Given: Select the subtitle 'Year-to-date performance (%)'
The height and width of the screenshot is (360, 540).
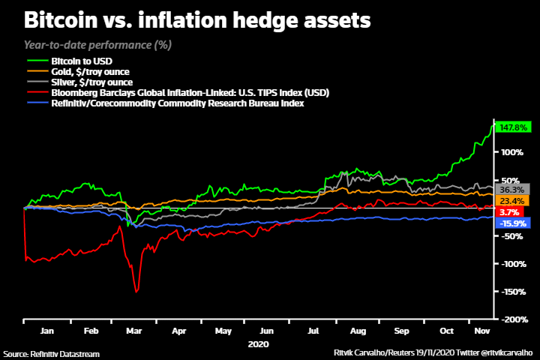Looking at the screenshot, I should (98, 45).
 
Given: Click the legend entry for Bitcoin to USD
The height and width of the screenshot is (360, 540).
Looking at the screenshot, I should (82, 60).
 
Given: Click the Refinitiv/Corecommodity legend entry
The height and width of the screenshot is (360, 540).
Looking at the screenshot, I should (176, 103).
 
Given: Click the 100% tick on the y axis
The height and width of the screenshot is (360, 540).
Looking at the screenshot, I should (510, 151).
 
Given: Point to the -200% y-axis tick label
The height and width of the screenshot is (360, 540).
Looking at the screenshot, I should (510, 319).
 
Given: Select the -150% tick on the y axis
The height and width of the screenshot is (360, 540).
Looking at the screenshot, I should (510, 292).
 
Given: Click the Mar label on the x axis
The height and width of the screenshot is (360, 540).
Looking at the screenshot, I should (134, 330).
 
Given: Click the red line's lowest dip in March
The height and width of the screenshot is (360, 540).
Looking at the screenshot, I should (136, 292).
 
